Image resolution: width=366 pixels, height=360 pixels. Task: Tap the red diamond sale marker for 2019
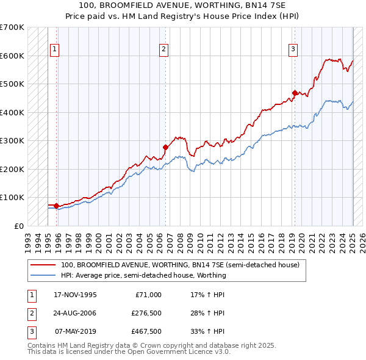pos(295,93)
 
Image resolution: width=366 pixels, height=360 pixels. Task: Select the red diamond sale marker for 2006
pos(165,147)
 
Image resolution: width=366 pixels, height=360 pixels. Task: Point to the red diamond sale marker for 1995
pos(56,206)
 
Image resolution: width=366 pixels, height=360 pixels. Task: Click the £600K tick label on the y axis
pos(12,56)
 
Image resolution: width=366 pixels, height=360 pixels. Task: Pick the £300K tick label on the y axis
pos(12,140)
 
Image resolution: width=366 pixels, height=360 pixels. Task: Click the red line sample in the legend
pos(43,265)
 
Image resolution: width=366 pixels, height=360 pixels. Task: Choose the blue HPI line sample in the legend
pos(43,275)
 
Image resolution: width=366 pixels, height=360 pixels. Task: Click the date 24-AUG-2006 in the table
pos(75,313)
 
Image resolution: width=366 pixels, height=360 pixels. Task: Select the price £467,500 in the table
pos(146,331)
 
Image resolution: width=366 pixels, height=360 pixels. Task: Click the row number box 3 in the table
pos(31,331)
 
